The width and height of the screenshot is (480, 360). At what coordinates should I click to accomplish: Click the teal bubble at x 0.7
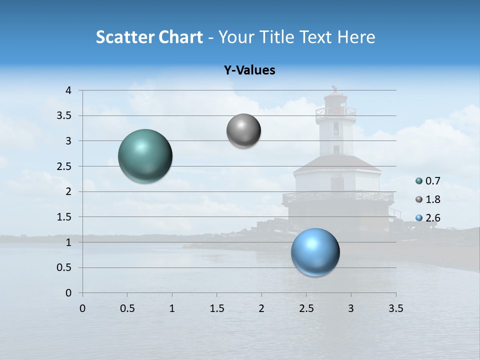pos(145,156)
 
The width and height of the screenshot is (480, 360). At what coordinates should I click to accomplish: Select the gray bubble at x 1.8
pos(243,131)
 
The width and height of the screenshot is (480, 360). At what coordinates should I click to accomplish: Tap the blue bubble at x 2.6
pos(315,252)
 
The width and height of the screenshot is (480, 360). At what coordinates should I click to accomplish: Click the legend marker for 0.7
pos(419,181)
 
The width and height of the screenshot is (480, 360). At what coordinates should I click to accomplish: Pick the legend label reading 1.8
pos(433,199)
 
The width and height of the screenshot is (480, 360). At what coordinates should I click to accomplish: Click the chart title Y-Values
pos(249,70)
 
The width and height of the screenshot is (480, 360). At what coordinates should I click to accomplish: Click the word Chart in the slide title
pos(180,37)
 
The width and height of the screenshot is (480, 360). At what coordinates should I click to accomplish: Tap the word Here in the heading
pos(356,37)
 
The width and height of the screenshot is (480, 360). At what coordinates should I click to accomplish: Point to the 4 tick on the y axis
pos(68,90)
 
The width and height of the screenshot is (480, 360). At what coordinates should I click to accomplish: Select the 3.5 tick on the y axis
pos(65,116)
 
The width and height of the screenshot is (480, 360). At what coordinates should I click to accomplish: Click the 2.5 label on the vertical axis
pos(65,166)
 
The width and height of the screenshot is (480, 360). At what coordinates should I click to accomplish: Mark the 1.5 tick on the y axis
pos(65,217)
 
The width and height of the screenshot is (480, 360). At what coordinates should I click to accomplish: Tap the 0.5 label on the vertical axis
pos(65,267)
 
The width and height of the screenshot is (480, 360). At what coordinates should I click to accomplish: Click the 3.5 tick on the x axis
pos(396,308)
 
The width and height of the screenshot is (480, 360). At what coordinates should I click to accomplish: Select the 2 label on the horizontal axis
pos(261,308)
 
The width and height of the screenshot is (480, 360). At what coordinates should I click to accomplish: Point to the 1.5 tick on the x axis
pos(217,308)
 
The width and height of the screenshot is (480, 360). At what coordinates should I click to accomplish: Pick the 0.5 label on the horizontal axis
pos(127,308)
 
